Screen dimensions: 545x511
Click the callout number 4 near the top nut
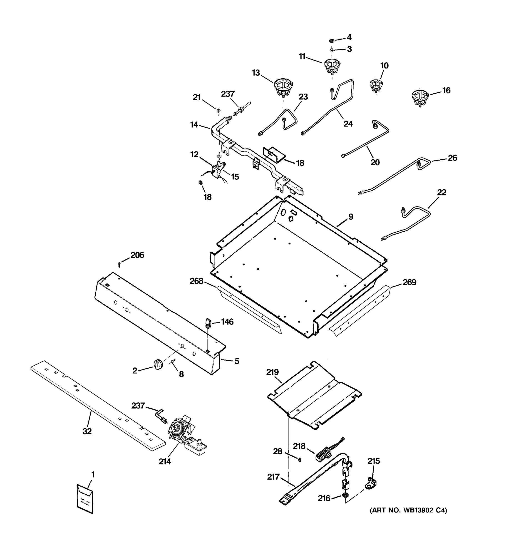tap(349, 37)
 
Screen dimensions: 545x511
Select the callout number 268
tap(196, 281)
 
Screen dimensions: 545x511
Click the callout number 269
tap(409, 282)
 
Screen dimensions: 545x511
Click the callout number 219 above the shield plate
tap(272, 372)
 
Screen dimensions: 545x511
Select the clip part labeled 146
tap(208, 322)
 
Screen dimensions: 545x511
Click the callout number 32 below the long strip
tap(87, 431)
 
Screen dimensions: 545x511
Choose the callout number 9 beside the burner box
tap(351, 217)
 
